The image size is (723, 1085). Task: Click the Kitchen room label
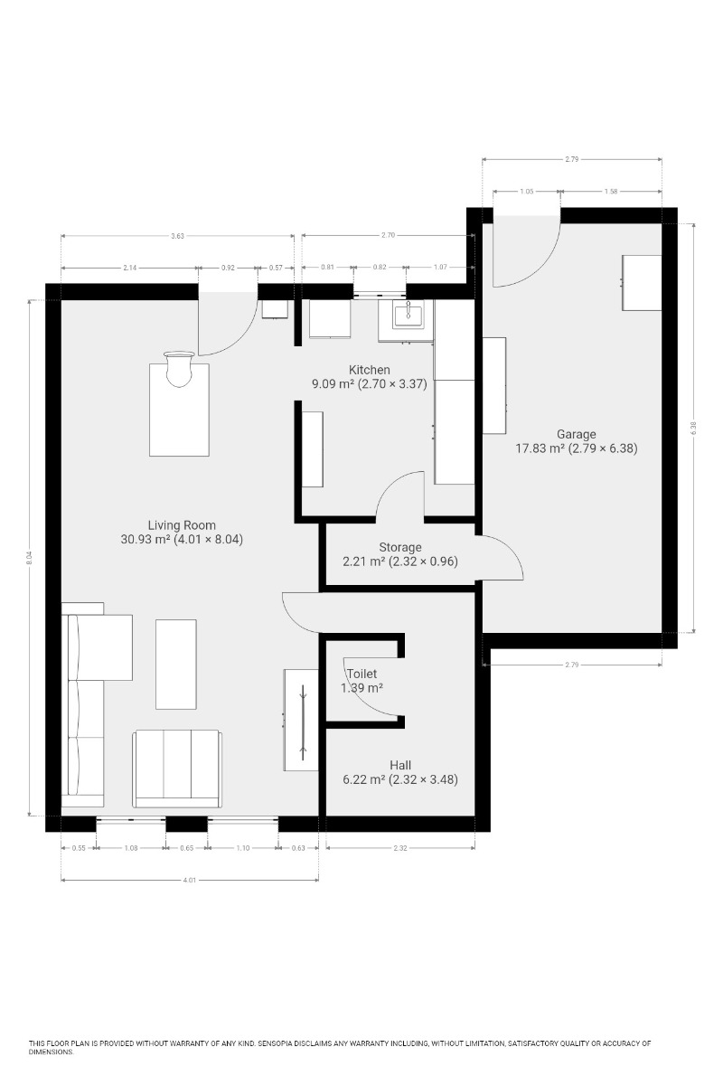pos(369,370)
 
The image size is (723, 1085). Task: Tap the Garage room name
pos(576,435)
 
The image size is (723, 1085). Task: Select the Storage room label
pos(400,547)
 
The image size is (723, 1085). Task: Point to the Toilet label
pos(361,674)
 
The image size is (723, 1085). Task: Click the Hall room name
pos(400,765)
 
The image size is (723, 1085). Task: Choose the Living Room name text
pos(182,525)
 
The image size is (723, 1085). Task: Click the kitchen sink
pos(408,315)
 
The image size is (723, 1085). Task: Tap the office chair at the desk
pos(179,369)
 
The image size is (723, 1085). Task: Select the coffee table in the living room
pos(176,664)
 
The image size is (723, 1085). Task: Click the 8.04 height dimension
pos(29,558)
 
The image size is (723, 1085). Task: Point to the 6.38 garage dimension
pos(693,429)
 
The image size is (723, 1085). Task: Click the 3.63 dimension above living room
pos(178,236)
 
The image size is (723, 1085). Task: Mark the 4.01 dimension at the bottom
pos(190,880)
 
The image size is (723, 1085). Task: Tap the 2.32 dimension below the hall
pos(400,848)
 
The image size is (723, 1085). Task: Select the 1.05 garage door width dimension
pos(527,192)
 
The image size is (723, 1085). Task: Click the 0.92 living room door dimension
pos(228,268)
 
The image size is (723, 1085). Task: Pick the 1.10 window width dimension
pos(243,848)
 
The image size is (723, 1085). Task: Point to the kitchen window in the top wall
pos(380,293)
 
